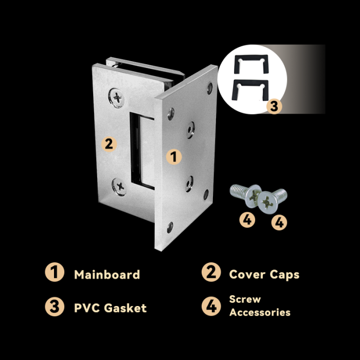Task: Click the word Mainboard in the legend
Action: tap(107, 274)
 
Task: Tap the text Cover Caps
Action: tap(264, 275)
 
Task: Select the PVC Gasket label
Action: tap(110, 308)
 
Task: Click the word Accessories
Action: tap(260, 312)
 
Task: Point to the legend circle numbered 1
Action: tap(55, 272)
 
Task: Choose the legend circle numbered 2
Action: tap(211, 272)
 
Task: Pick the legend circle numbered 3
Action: tap(55, 307)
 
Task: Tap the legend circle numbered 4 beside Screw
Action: tap(211, 306)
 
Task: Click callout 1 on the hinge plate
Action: tap(174, 157)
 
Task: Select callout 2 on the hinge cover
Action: tap(109, 144)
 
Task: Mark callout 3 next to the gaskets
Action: tap(274, 106)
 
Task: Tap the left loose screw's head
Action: tap(253, 196)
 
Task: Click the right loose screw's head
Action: tap(267, 203)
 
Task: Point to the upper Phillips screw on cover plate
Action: tap(117, 98)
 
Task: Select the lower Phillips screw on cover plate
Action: tap(119, 187)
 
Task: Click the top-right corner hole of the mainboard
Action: tap(210, 88)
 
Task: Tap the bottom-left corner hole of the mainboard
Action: tap(170, 227)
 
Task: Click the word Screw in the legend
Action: tap(245, 299)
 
